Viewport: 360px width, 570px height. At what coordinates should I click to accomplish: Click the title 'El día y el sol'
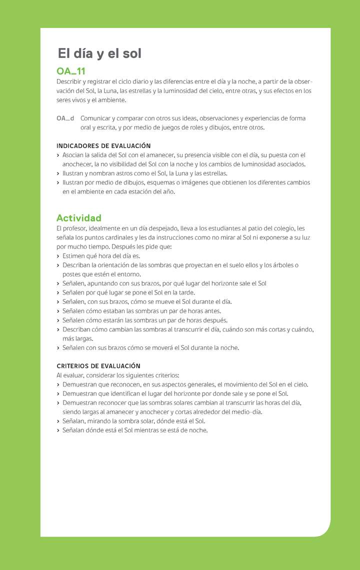pyautogui.click(x=99, y=53)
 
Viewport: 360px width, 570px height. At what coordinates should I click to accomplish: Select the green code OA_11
pyautogui.click(x=71, y=71)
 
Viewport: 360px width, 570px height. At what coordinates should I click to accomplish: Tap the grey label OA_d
pyautogui.click(x=65, y=118)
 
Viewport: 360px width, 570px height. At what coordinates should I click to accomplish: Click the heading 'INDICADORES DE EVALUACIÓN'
pyautogui.click(x=103, y=146)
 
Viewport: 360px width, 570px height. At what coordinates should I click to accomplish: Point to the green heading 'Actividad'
pyautogui.click(x=79, y=218)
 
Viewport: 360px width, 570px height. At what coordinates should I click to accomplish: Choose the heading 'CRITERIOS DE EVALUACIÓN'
pyautogui.click(x=98, y=366)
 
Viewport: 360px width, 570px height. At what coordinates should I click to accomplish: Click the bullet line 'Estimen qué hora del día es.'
pyautogui.click(x=101, y=256)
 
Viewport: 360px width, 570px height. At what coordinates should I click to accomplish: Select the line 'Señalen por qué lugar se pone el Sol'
pyautogui.click(x=128, y=292)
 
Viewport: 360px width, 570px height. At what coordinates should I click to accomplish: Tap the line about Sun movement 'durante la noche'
pyautogui.click(x=150, y=347)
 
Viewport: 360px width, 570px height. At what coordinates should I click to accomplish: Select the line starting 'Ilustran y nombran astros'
pyautogui.click(x=145, y=173)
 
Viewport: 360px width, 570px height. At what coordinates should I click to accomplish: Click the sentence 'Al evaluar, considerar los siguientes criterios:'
pyautogui.click(x=118, y=375)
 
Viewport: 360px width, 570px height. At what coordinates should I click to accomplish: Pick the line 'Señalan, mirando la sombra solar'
pyautogui.click(x=133, y=421)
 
